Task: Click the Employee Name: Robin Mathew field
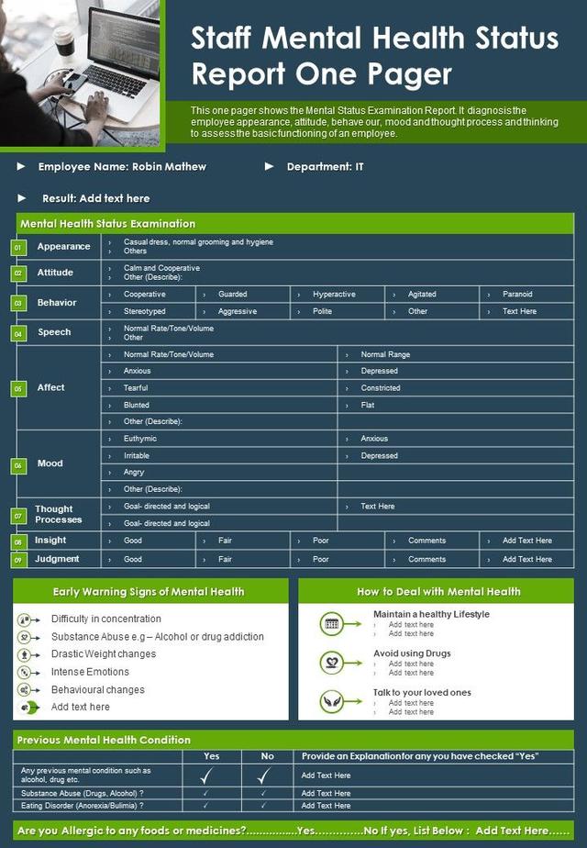pyautogui.click(x=122, y=167)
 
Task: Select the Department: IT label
pyautogui.click(x=325, y=167)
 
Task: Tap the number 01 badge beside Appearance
pyautogui.click(x=17, y=247)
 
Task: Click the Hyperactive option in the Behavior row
pyautogui.click(x=334, y=295)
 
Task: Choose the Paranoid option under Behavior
pyautogui.click(x=517, y=295)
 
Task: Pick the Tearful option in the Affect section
pyautogui.click(x=136, y=388)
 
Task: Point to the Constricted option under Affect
pyautogui.click(x=381, y=388)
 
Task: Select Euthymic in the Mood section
pyautogui.click(x=140, y=439)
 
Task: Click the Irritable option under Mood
pyautogui.click(x=137, y=456)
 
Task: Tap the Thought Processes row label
pyautogui.click(x=59, y=515)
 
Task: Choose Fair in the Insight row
pyautogui.click(x=225, y=541)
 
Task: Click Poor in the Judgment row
pyautogui.click(x=321, y=559)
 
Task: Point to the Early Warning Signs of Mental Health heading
pyautogui.click(x=149, y=592)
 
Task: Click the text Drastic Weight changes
pyautogui.click(x=104, y=654)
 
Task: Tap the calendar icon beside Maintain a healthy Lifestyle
pyautogui.click(x=332, y=624)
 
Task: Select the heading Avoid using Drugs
pyautogui.click(x=412, y=653)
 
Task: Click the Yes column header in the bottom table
pyautogui.click(x=211, y=756)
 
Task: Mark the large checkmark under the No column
pyautogui.click(x=267, y=775)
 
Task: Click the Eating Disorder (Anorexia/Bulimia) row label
pyautogui.click(x=83, y=806)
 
